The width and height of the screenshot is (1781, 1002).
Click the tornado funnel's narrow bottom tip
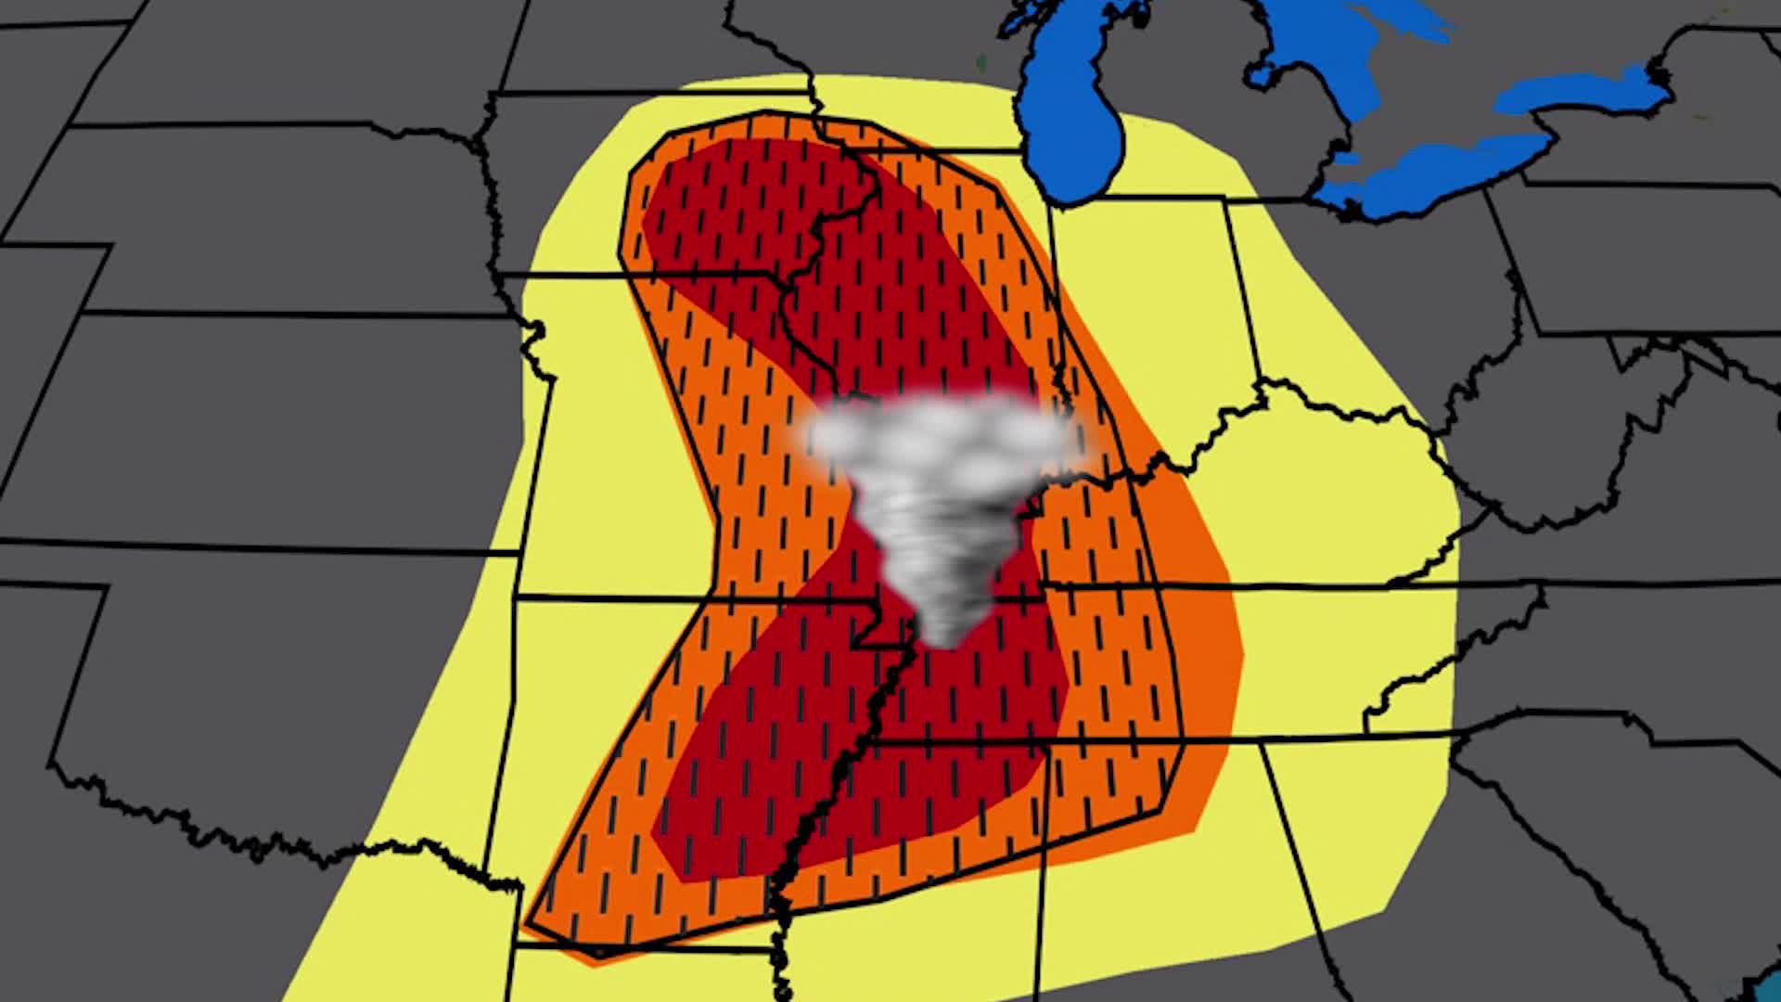tap(946, 636)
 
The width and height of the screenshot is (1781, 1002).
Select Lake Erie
tap(1429, 172)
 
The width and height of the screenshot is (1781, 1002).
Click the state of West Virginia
tap(1558, 436)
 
